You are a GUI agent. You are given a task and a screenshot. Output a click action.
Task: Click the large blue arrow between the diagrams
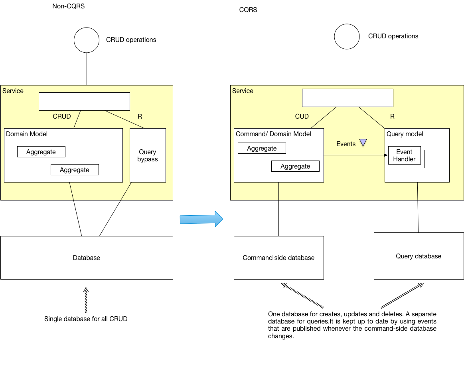[201, 219]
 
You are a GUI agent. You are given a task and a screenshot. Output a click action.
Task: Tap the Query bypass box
[148, 156]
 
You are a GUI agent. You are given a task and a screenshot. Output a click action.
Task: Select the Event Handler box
[404, 155]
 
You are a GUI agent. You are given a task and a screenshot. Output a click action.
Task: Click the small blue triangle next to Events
[363, 143]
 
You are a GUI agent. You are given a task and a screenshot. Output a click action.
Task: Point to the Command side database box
[278, 258]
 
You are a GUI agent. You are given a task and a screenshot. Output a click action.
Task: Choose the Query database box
[419, 256]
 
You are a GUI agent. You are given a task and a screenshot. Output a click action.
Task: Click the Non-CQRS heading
[69, 6]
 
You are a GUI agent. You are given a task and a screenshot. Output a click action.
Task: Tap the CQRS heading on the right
[248, 10]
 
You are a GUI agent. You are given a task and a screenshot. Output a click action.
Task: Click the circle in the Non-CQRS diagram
[87, 40]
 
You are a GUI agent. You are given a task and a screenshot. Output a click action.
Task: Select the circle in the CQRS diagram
[347, 36]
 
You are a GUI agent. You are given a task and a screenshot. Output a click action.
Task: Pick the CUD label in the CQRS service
[302, 116]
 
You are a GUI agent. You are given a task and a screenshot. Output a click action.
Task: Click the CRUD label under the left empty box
[61, 116]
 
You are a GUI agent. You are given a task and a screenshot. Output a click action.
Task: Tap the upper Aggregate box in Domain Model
[41, 152]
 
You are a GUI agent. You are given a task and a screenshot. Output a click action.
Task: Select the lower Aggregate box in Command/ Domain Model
[295, 166]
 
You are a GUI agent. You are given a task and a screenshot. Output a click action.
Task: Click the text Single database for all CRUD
[86, 319]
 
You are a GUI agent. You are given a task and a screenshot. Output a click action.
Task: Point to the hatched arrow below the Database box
[86, 300]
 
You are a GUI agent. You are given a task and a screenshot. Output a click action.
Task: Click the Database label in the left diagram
[86, 258]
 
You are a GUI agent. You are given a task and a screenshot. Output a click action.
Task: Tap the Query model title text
[405, 134]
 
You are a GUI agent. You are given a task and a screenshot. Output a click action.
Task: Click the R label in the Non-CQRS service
[140, 116]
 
